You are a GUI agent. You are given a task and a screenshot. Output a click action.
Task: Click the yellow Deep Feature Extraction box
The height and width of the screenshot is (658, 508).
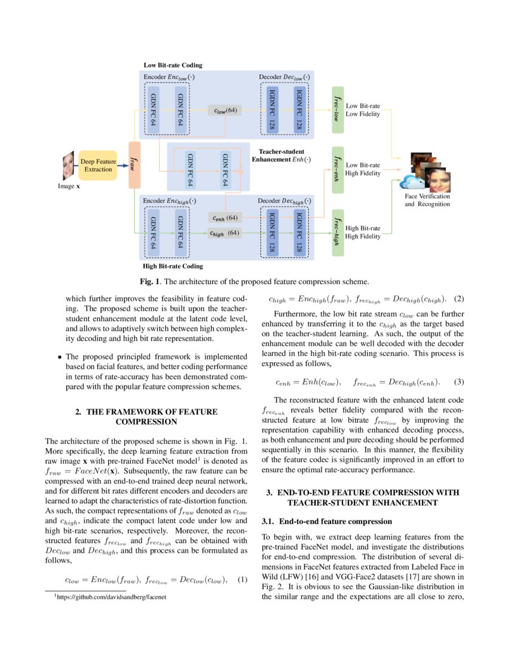pyautogui.click(x=97, y=165)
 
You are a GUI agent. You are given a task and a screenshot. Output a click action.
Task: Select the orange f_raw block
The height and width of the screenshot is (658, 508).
pyautogui.click(x=134, y=165)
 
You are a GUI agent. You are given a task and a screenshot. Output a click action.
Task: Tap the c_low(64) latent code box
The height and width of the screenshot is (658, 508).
pyautogui.click(x=225, y=110)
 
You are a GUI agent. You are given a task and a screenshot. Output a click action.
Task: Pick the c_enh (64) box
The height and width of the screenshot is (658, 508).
pyautogui.click(x=225, y=218)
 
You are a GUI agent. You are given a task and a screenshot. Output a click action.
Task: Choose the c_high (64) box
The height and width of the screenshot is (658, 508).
pyautogui.click(x=225, y=233)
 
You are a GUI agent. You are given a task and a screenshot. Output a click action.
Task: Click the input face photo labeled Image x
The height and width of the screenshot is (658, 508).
pyautogui.click(x=68, y=166)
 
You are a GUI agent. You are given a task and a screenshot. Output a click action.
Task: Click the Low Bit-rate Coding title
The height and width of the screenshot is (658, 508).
pyautogui.click(x=173, y=65)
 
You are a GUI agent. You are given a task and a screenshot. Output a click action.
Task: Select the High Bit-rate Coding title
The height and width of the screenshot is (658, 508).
pyautogui.click(x=173, y=266)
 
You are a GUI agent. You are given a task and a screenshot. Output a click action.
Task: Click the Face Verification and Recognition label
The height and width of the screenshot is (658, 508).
pyautogui.click(x=427, y=200)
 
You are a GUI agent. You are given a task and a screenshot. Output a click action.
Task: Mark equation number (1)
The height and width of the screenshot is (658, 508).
pyautogui.click(x=241, y=579)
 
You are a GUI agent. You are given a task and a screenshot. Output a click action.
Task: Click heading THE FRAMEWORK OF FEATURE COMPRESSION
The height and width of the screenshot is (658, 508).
pyautogui.click(x=146, y=416)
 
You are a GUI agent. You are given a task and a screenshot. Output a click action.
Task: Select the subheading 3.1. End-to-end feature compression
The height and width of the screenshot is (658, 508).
pyautogui.click(x=319, y=522)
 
